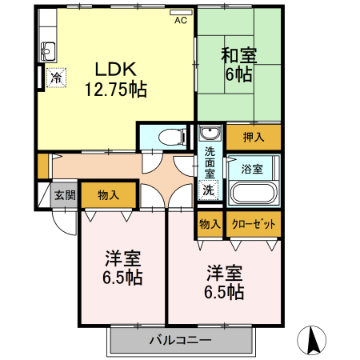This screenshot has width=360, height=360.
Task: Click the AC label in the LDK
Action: coord(181,20)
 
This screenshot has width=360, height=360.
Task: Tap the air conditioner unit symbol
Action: coord(181,13)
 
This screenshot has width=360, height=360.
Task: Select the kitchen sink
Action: coord(48,51)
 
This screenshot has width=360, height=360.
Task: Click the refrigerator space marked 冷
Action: coord(56,78)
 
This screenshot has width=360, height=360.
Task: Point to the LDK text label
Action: coord(116,69)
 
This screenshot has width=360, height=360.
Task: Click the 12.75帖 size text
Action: coord(116,90)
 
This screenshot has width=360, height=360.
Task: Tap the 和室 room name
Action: coord(238,55)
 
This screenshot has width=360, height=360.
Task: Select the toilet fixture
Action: coord(173,138)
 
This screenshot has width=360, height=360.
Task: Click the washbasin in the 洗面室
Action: coord(210,132)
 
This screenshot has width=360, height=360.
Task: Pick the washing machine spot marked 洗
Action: coord(209,190)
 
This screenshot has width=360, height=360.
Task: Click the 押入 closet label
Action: coord(254,137)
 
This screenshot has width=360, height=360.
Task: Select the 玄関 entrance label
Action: coord(65,195)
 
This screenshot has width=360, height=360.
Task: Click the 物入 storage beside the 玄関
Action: coord(108,195)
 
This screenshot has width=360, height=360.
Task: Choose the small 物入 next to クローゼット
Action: coord(210,224)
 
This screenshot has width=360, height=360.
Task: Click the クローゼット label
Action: coord(254,224)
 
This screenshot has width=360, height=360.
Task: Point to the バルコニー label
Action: coord(180,340)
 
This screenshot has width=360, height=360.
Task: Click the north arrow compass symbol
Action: coord(312,340)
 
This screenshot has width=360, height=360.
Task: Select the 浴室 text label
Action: coord(252,169)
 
